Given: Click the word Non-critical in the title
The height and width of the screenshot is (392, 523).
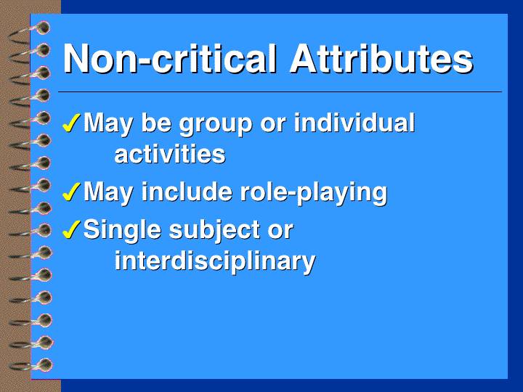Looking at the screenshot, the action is tap(170, 59).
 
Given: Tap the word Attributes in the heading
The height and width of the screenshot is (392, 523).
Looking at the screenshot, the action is tap(382, 59).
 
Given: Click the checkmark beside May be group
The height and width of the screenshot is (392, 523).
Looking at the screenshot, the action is tap(71, 123).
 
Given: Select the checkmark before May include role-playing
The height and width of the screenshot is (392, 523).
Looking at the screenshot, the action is tap(71, 192).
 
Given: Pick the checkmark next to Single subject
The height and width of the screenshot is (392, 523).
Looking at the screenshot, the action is tap(71, 229).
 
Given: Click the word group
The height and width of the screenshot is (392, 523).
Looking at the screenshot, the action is tap(216, 125).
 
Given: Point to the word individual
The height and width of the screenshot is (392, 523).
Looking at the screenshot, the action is tap(354, 123).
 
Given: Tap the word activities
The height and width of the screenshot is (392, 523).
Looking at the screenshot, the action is tap(170, 154).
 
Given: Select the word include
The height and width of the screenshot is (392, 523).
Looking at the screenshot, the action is tap(187, 192).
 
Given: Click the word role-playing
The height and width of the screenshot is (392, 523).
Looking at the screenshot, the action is tap(314, 194).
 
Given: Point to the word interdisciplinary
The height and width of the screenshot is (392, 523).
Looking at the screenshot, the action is tap(215, 262).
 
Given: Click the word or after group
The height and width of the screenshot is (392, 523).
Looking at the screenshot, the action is tap(273, 126).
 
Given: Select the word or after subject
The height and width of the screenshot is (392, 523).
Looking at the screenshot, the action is tap(280, 232).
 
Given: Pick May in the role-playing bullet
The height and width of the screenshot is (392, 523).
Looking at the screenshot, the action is tap(108, 193).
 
